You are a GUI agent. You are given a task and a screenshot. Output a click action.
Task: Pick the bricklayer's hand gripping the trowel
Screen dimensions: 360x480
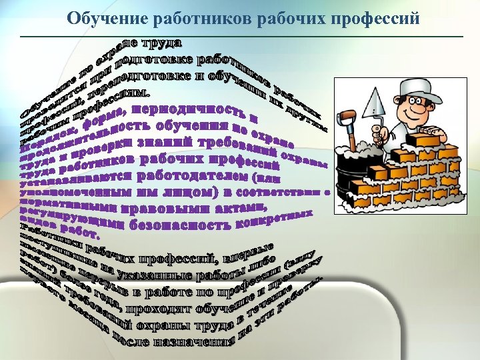pos(377,137)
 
